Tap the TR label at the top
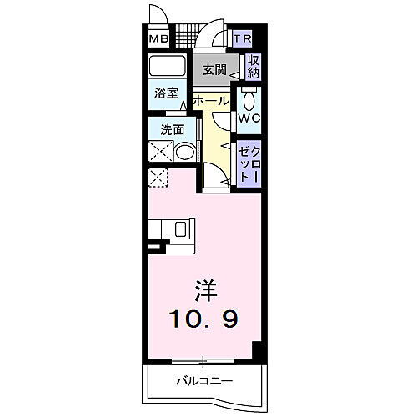[243, 38]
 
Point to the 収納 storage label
[254, 67]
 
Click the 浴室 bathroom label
[164, 94]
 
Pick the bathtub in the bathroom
[168, 67]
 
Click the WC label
[249, 118]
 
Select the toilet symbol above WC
[249, 98]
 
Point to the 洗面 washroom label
[164, 130]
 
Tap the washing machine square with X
[161, 151]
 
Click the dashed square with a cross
[158, 178]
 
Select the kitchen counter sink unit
[178, 229]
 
